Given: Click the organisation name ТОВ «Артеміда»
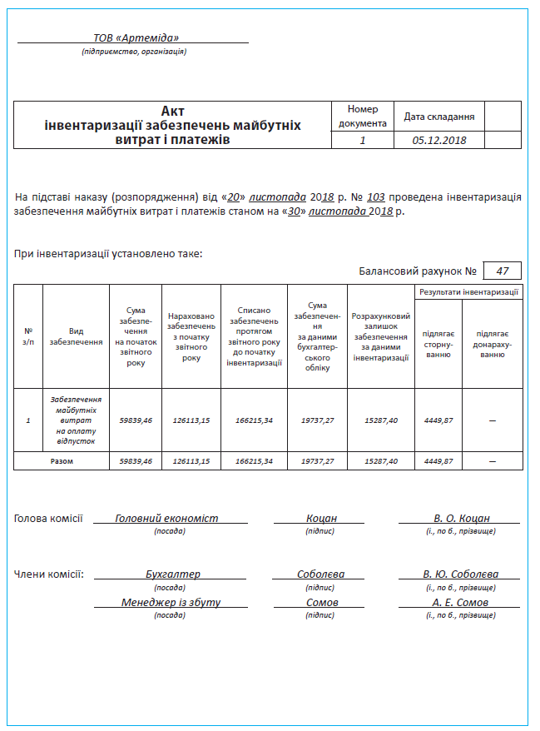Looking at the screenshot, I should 136,37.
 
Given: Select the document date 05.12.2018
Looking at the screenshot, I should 439,140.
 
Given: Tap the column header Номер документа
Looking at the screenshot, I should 363,116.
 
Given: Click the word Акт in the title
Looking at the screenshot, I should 172,111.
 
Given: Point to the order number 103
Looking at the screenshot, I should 375,197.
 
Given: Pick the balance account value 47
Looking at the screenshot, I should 502,271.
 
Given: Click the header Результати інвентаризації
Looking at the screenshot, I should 469,292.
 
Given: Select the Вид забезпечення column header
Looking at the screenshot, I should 76,336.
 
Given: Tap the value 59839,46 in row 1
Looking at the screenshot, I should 136,420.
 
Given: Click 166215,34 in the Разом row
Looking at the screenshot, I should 254,460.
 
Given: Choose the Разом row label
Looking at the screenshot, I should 62,460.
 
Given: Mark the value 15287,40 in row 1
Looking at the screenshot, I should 381,420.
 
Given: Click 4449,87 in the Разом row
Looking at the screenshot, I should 438,460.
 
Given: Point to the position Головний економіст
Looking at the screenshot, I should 166,518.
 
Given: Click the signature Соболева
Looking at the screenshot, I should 320,574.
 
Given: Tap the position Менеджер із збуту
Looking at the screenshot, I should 171,602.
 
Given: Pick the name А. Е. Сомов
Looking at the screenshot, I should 460,602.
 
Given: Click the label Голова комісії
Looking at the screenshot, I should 48,518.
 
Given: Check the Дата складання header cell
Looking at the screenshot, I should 439,117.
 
